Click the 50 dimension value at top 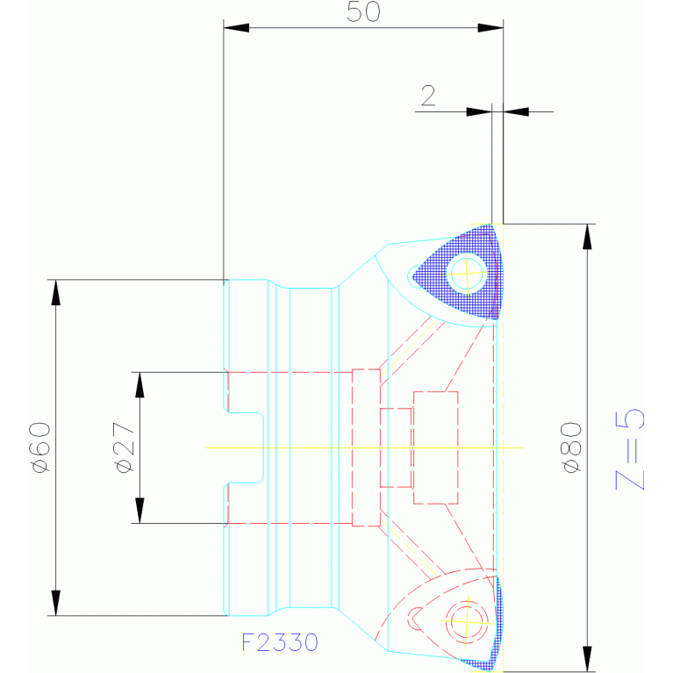(x=363, y=11)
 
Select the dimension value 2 (x=428, y=96)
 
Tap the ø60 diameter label (x=40, y=447)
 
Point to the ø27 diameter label (x=125, y=447)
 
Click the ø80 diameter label (x=571, y=447)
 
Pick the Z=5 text (x=630, y=449)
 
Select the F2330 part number (x=279, y=642)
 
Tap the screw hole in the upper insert (x=467, y=274)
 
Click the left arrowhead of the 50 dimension (x=236, y=28)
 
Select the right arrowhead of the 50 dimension (x=490, y=28)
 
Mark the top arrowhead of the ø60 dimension (x=56, y=292)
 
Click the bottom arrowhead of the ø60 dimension (x=56, y=603)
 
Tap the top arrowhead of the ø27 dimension (x=140, y=385)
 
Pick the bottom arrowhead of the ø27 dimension (x=140, y=511)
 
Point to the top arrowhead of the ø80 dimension (x=587, y=237)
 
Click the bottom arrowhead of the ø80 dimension (x=587, y=659)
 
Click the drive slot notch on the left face (x=245, y=447)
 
